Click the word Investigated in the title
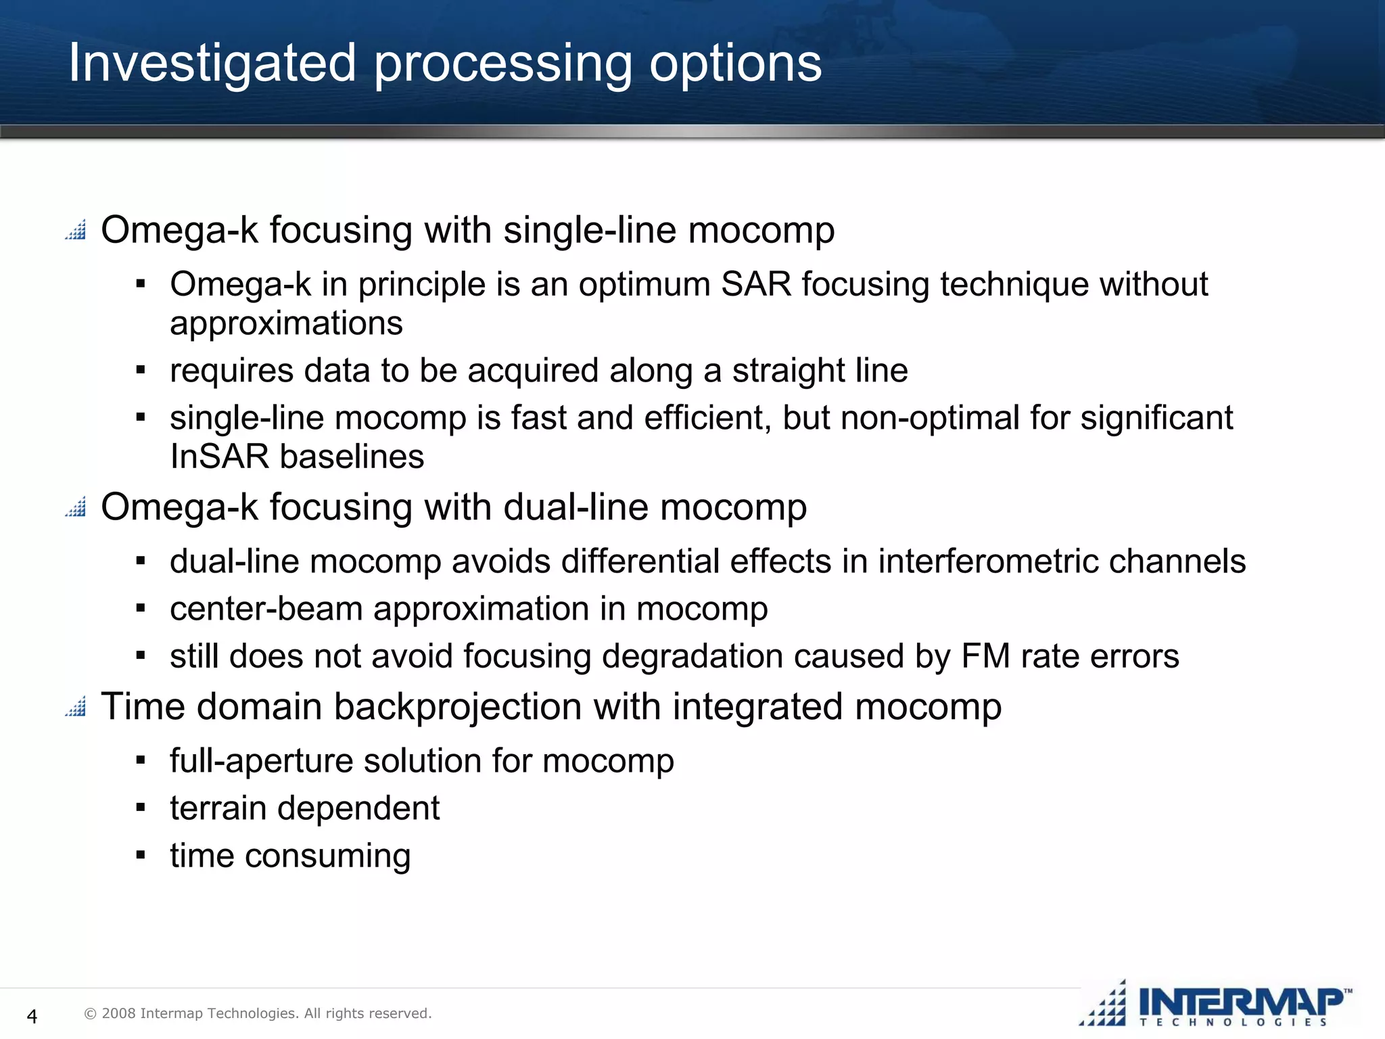(212, 63)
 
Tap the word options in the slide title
(735, 63)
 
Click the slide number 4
(31, 1015)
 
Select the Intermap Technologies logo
(1215, 1004)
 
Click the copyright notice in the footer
(258, 1013)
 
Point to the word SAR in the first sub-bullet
(755, 284)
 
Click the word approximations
(286, 323)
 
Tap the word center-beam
(266, 609)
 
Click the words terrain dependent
(304, 808)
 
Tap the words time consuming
(290, 856)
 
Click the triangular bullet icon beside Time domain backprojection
(76, 706)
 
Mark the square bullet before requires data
(141, 371)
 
